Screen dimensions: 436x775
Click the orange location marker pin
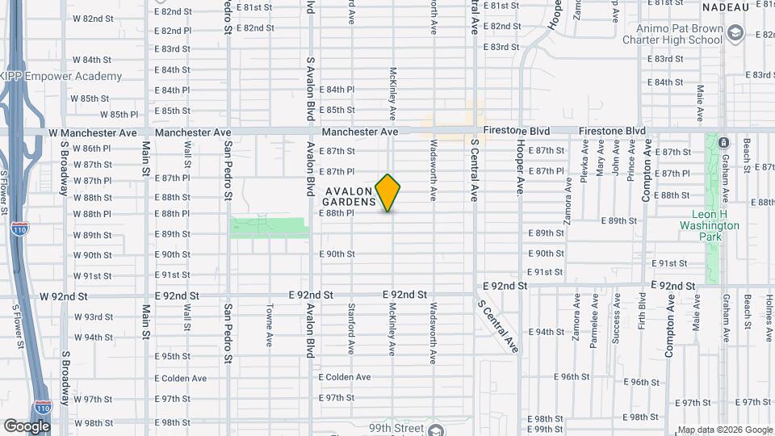(388, 193)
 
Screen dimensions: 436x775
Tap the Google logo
(27, 426)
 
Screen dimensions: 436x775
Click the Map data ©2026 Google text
(725, 430)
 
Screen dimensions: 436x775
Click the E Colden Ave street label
(344, 377)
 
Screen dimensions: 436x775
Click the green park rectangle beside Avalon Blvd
(270, 227)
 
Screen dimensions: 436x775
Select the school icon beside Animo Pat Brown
(735, 34)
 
